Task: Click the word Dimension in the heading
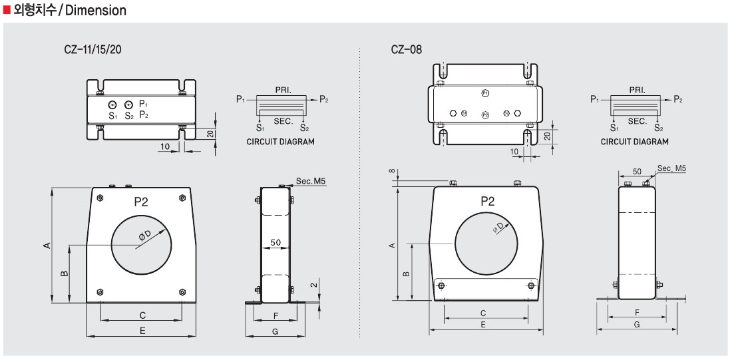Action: tap(96, 11)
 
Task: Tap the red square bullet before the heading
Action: tap(7, 10)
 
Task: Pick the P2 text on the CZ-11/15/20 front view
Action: tap(140, 202)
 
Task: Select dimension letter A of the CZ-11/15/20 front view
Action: tap(47, 246)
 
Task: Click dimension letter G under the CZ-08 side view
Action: tap(637, 325)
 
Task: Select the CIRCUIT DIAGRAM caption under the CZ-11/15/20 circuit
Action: tap(280, 142)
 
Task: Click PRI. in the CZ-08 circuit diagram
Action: tap(637, 89)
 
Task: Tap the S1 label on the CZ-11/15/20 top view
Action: tap(112, 115)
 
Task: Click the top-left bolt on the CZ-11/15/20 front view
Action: tap(100, 198)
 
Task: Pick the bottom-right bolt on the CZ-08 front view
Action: tap(530, 286)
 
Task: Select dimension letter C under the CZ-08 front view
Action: tap(483, 313)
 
